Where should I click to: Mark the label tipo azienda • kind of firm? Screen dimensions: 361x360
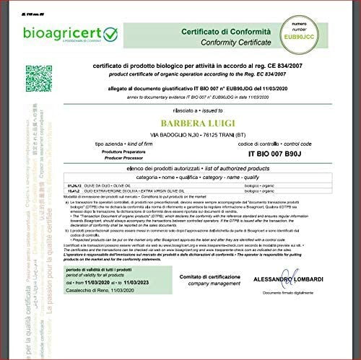pyautogui.click(x=125, y=144)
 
